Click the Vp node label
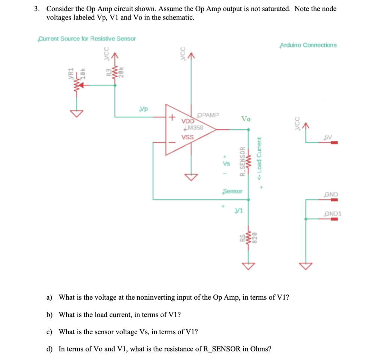143,109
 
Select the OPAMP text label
210,115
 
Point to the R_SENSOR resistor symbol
248,161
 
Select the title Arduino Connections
308,45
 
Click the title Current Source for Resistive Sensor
87,39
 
